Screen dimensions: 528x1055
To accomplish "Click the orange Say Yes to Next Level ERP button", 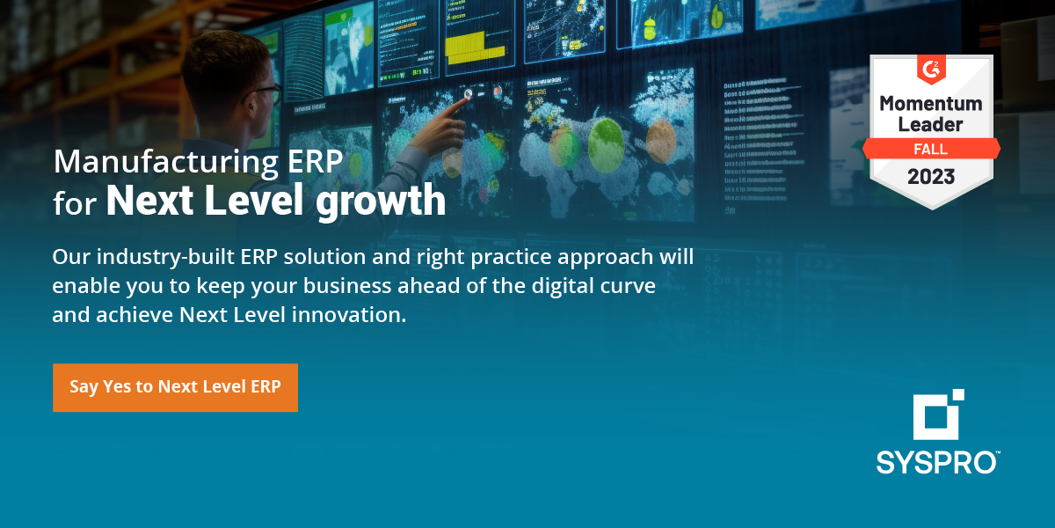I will pos(175,387).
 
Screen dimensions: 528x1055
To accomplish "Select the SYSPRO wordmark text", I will pos(936,462).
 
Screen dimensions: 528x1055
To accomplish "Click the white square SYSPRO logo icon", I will pos(937,414).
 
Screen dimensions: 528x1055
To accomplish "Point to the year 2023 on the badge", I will pos(931,176).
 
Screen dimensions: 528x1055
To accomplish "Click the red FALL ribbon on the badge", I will pos(931,148).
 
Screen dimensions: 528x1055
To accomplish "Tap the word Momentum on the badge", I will pos(931,103).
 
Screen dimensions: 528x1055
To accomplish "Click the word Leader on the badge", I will pos(931,124).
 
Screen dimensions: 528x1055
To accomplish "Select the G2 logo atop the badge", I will pos(931,68).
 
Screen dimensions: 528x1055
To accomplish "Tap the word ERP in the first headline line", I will pos(312,163).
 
